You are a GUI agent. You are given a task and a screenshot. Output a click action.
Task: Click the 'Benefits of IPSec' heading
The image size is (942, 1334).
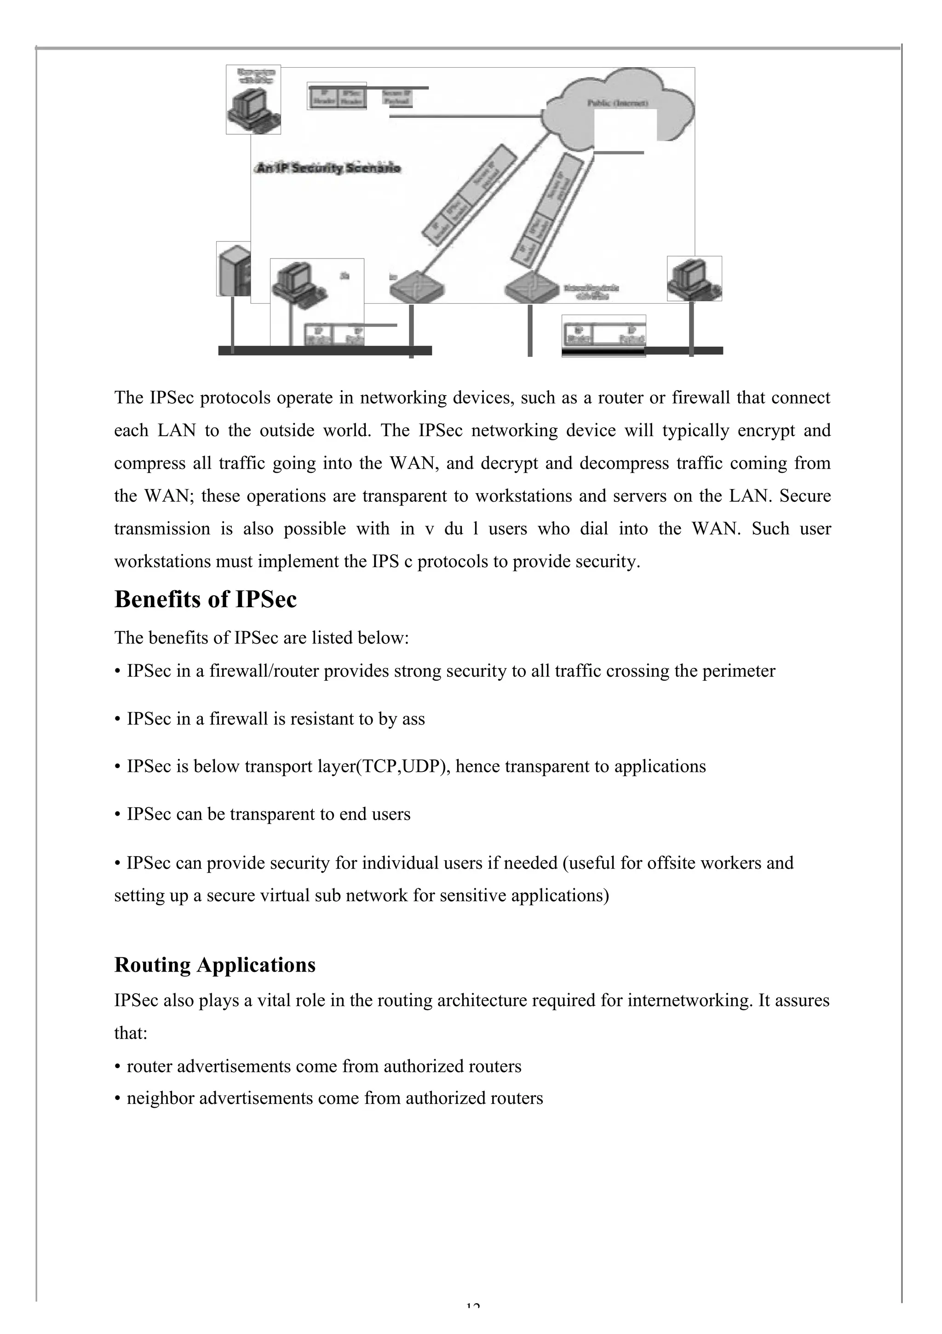205,599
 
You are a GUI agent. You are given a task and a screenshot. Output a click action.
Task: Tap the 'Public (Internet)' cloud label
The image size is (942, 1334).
617,103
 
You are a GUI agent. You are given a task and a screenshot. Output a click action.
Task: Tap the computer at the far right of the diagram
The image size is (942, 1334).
694,278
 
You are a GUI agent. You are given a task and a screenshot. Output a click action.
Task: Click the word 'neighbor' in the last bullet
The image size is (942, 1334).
161,1098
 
